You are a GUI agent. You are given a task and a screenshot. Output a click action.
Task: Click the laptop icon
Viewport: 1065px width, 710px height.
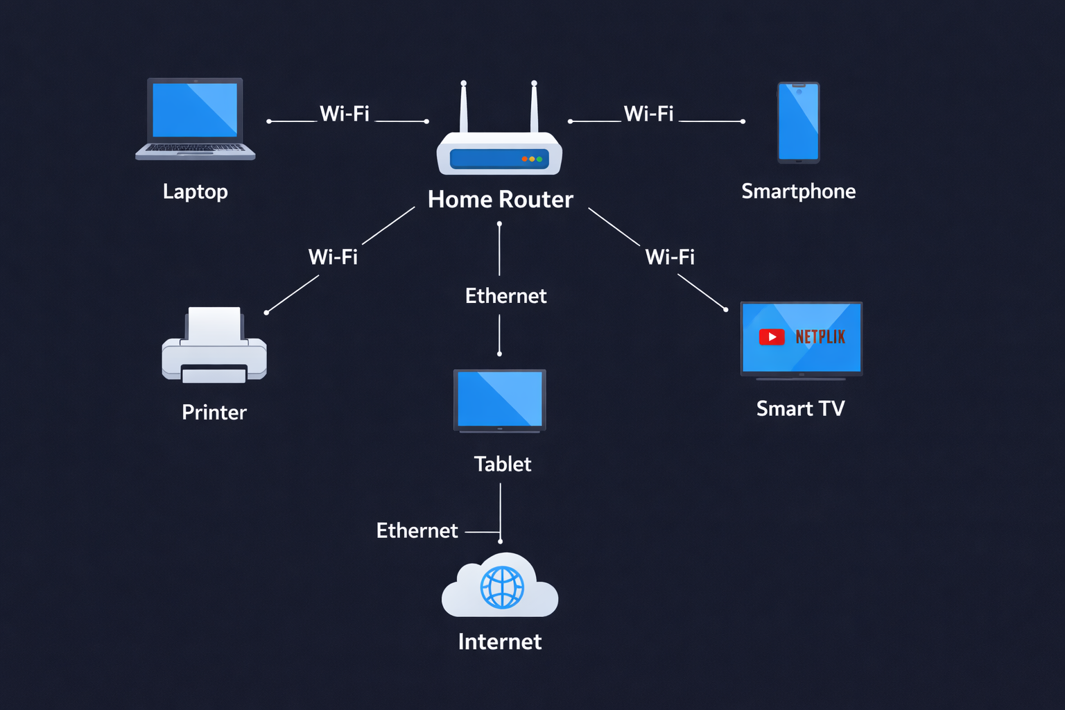tap(195, 118)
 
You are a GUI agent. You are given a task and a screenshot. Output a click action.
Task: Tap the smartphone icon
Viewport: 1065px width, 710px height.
tap(798, 123)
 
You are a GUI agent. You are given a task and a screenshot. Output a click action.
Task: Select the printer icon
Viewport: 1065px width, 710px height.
tap(214, 347)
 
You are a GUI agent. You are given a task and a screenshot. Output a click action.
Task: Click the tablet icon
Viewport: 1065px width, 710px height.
tap(499, 401)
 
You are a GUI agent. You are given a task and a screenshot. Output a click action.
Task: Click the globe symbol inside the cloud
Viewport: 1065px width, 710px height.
tap(502, 587)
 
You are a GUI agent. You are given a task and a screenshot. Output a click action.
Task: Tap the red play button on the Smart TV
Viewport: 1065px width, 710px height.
tap(771, 337)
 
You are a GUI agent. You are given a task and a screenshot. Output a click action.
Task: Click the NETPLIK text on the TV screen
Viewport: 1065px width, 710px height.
tap(820, 337)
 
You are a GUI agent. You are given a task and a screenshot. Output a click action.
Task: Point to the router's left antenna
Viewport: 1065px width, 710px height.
tap(464, 107)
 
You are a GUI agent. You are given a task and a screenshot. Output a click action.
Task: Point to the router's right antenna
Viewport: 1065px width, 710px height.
tap(534, 107)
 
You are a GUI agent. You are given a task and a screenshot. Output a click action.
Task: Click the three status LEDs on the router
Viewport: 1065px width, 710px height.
tap(532, 159)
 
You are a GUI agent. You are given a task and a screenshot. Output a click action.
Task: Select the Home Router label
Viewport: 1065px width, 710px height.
tap(500, 200)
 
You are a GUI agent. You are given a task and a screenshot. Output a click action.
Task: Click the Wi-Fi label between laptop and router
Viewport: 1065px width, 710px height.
tap(345, 114)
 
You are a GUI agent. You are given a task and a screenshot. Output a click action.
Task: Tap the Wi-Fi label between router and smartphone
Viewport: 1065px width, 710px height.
tap(648, 114)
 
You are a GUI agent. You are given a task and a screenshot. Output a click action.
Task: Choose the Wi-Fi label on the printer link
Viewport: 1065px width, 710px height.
tap(333, 257)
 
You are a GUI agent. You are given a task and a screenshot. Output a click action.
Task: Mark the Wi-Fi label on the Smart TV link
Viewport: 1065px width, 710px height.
tap(670, 257)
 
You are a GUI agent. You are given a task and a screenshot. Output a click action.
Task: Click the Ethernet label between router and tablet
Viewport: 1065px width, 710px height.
tap(505, 296)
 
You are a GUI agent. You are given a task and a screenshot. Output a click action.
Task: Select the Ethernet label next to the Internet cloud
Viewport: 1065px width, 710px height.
tap(417, 530)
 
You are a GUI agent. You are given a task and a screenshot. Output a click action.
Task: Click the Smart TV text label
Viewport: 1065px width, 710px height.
tap(800, 408)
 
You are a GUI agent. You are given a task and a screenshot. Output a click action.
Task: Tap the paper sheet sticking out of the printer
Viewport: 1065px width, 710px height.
tap(215, 323)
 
